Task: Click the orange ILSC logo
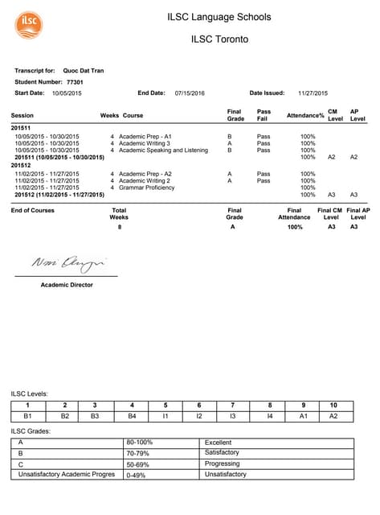tap(29, 24)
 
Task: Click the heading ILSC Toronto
tap(219, 39)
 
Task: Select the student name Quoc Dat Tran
tap(83, 71)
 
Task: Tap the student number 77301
tap(75, 81)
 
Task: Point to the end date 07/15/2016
tap(190, 93)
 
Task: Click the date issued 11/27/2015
tap(313, 93)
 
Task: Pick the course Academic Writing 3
tap(145, 143)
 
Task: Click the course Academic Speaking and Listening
tap(163, 150)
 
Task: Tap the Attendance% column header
tap(305, 116)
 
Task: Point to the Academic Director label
tap(67, 285)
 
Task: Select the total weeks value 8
tap(119, 228)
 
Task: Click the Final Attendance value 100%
tap(295, 228)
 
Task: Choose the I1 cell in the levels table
tap(165, 416)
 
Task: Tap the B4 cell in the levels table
tap(132, 416)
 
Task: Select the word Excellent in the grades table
tap(218, 443)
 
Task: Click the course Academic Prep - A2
tap(145, 174)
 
